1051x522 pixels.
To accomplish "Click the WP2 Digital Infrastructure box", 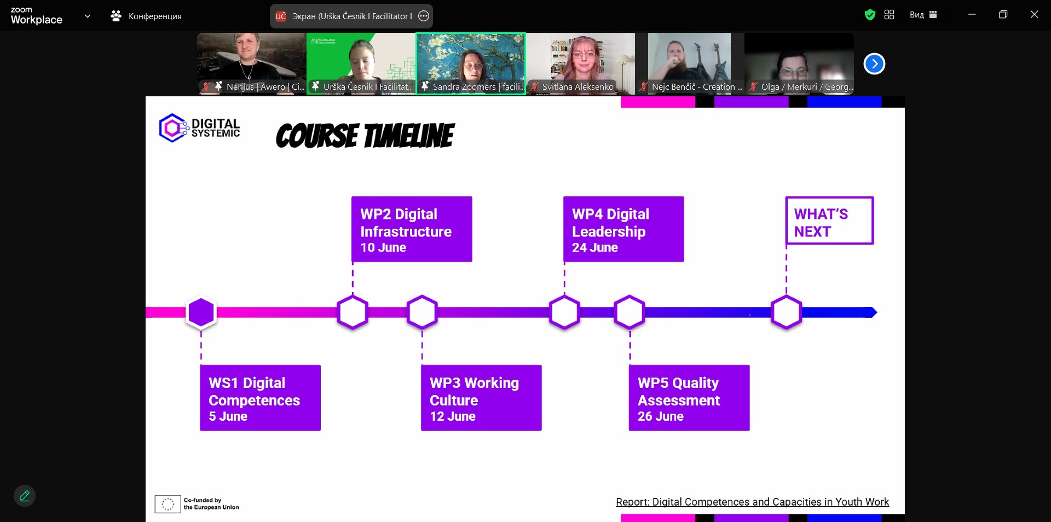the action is coord(412,229).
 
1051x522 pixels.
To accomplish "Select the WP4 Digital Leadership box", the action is coord(623,229).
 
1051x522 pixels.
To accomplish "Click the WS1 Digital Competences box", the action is coord(260,398).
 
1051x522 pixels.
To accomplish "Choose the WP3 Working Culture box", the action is coord(481,398).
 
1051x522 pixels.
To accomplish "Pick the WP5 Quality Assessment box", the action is coord(689,398).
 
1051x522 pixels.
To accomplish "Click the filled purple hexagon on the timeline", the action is coord(201,312).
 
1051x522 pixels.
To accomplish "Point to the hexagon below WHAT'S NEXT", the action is coord(787,312).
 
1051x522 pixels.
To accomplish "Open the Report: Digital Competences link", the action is coord(752,502).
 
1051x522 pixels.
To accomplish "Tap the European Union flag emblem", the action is coord(168,504).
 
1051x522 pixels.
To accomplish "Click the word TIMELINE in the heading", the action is coord(409,136).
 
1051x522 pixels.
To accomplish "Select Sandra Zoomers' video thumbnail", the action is coord(471,63).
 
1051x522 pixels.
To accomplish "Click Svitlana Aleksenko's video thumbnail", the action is coord(580,63).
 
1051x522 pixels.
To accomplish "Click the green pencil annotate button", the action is coord(25,496).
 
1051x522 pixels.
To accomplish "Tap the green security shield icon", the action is coord(870,15).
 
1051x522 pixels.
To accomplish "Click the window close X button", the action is coord(1034,15).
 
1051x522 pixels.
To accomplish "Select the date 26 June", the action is coord(661,416).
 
